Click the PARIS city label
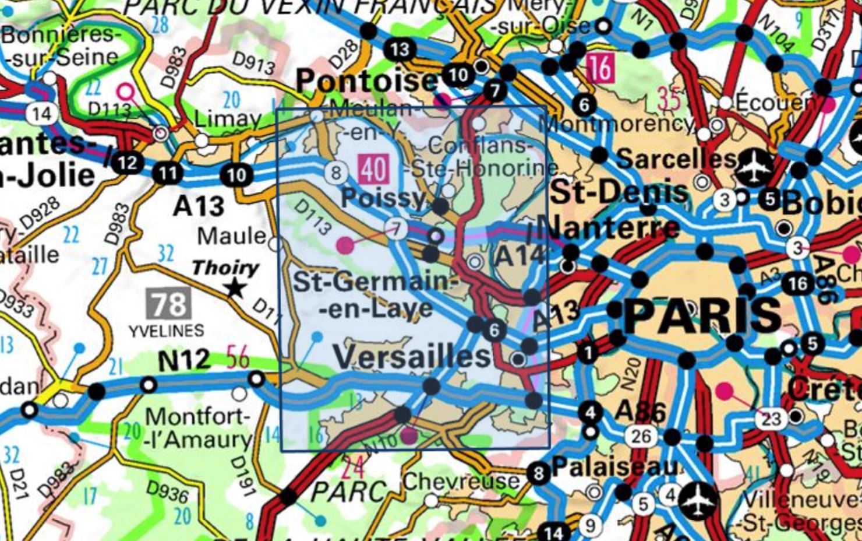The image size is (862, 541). [x=702, y=315]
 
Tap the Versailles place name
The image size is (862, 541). [x=411, y=356]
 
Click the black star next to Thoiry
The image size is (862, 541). [x=235, y=287]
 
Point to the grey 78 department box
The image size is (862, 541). [x=169, y=304]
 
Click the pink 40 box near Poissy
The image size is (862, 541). [x=373, y=170]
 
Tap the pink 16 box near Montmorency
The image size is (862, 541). [x=600, y=68]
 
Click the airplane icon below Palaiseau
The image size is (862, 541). [x=698, y=500]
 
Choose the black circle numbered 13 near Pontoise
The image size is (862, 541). [x=400, y=50]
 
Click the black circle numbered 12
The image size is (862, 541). [x=127, y=163]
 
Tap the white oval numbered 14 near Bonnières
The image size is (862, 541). [x=41, y=114]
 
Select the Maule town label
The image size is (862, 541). [x=231, y=237]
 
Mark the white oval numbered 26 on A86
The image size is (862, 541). [x=641, y=436]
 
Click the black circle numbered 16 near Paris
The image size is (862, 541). [x=798, y=284]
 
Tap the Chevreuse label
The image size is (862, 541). [x=460, y=482]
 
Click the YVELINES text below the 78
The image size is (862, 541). [x=167, y=331]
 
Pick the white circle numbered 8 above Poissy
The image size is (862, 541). [x=335, y=173]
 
